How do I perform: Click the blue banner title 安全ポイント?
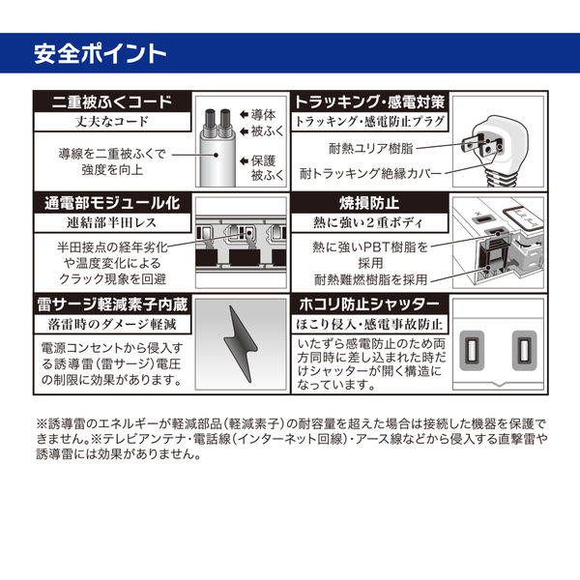(100, 54)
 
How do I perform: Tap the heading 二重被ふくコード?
(112, 102)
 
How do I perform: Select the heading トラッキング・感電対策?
(369, 102)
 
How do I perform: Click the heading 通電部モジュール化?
(112, 203)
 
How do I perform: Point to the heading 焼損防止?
(369, 203)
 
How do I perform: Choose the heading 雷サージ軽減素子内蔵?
(112, 304)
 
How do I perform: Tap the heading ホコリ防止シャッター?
(369, 304)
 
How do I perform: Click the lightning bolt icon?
(241, 344)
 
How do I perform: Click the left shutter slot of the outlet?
(472, 350)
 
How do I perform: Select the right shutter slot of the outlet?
(524, 350)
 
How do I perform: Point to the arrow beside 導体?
(244, 115)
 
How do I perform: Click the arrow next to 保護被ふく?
(244, 160)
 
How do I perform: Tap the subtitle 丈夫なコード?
(112, 122)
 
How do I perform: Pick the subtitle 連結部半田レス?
(112, 222)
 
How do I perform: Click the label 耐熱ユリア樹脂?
(370, 148)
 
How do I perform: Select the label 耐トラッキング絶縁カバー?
(370, 173)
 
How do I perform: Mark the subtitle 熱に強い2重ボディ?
(368, 222)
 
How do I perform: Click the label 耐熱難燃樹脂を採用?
(370, 279)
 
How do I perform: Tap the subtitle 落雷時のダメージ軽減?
(112, 325)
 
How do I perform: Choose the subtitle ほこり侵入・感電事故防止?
(369, 325)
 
